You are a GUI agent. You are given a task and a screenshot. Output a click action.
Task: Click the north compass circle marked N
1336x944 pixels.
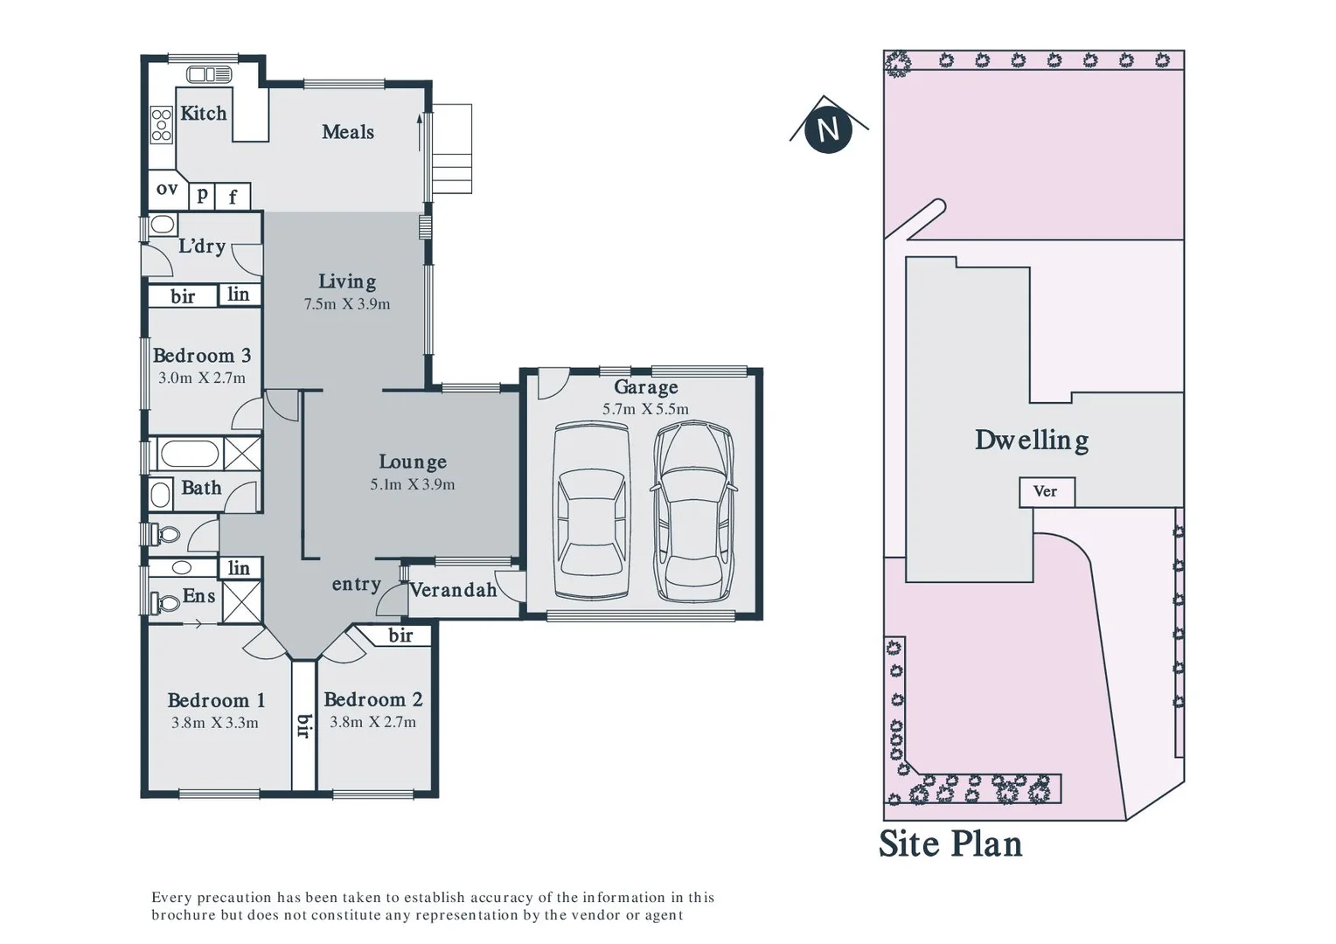tap(827, 129)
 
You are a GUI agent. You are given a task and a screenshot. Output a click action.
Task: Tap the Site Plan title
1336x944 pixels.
tap(950, 844)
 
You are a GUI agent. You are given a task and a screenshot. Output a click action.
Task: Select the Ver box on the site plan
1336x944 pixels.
tap(1046, 491)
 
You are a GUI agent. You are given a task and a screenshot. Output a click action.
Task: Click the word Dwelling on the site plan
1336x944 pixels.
tap(1032, 440)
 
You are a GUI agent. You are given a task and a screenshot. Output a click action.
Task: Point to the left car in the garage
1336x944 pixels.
tap(592, 512)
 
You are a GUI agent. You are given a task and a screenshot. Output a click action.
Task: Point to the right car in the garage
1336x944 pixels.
tap(694, 512)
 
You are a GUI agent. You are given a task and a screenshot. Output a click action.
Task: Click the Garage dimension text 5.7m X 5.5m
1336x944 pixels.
tap(645, 409)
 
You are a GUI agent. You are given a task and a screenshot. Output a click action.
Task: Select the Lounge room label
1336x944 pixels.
tap(413, 462)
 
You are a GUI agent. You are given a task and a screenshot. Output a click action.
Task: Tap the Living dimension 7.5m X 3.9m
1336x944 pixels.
tap(347, 304)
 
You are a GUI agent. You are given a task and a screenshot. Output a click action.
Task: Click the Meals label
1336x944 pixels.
tap(348, 132)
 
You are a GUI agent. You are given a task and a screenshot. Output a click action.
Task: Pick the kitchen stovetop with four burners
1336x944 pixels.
tap(161, 124)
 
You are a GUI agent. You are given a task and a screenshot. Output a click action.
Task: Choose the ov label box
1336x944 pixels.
tap(166, 189)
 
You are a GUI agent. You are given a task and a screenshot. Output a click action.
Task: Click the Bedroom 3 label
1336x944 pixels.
tap(202, 356)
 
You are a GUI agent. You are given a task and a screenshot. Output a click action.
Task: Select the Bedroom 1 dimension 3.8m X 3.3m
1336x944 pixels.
tap(215, 723)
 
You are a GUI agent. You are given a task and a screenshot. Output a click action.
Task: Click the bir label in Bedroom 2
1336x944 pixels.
tap(400, 635)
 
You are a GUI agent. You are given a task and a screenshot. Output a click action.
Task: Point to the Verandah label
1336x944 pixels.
tap(453, 590)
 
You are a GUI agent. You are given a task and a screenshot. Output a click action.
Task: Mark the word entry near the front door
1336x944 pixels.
tap(356, 584)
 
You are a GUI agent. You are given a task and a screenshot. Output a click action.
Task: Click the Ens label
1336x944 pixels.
tap(198, 596)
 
